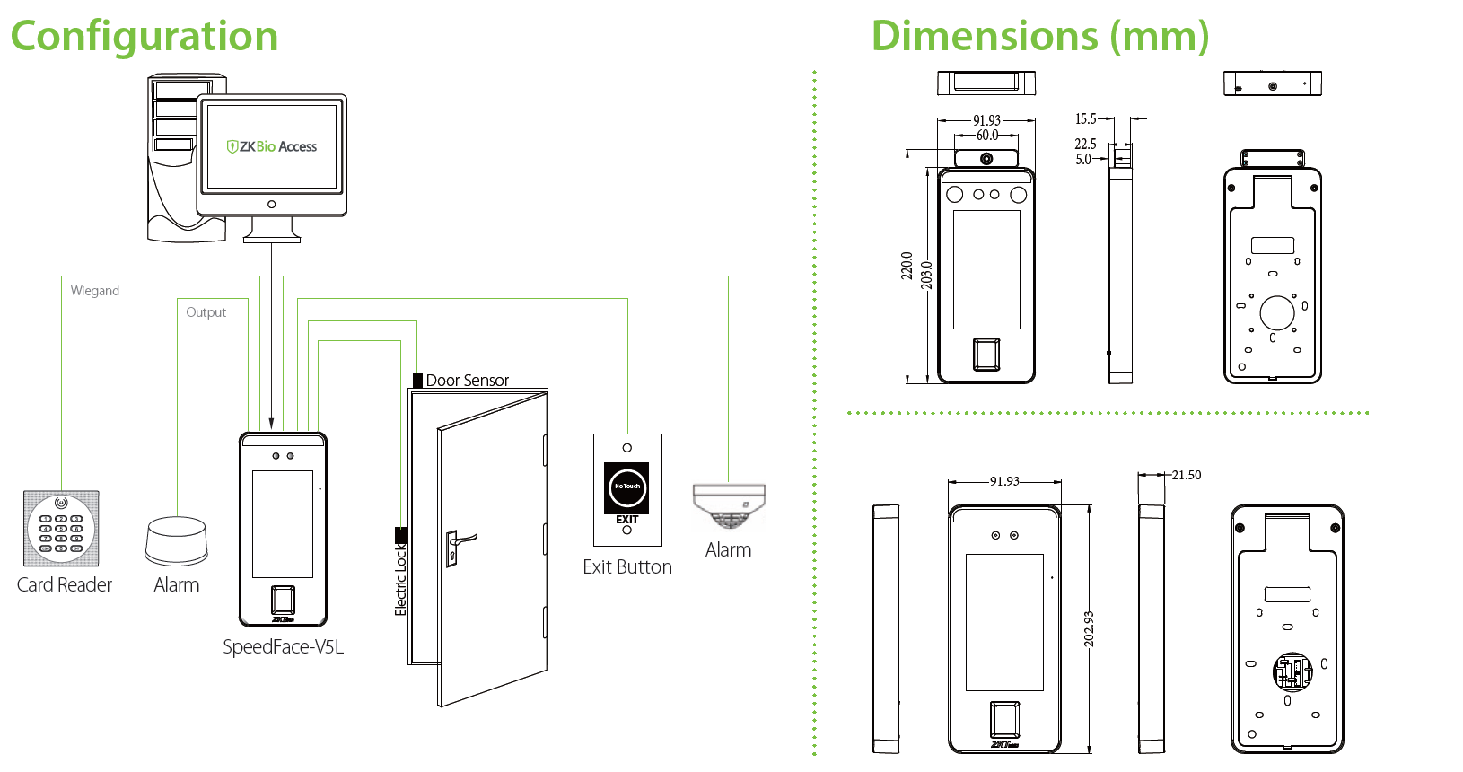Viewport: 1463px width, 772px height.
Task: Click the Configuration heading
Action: pos(144,37)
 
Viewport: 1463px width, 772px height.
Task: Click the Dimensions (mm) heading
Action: pos(1039,37)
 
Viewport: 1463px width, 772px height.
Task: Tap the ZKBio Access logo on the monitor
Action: pos(272,146)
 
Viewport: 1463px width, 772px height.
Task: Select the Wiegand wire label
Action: pos(94,291)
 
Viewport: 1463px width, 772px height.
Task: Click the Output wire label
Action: pos(206,312)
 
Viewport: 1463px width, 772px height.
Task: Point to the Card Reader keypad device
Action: pos(61,528)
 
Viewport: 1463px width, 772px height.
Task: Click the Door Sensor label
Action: pos(467,381)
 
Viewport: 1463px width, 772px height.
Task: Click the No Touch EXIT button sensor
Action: pos(626,487)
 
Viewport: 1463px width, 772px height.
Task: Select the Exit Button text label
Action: pos(626,567)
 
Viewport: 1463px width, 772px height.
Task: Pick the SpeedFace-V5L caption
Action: pos(283,647)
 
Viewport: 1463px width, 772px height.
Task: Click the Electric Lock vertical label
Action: pos(401,580)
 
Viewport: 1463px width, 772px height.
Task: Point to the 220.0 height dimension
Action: pos(907,266)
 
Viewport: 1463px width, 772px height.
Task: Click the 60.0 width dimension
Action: pos(986,136)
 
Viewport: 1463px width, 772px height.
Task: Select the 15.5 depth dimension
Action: pos(1085,118)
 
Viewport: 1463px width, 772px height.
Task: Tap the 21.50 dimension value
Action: pos(1186,475)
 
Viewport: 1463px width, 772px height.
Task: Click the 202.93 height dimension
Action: pos(1089,628)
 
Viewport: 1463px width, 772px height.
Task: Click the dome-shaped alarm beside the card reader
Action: pos(177,540)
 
